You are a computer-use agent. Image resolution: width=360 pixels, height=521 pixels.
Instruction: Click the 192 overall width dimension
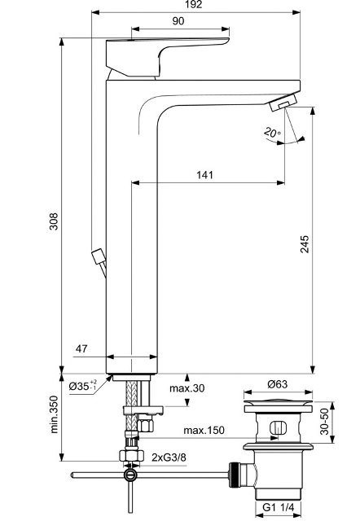tap(194, 4)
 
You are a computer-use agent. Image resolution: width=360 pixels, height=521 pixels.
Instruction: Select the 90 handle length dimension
tap(178, 21)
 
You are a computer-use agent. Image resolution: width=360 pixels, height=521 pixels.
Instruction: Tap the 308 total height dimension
tap(54, 221)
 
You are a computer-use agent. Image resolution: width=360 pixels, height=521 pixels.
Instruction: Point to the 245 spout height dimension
tap(305, 244)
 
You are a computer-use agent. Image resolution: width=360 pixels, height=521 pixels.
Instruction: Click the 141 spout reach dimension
tap(204, 175)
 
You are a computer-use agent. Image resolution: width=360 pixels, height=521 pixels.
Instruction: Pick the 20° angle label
tap(273, 133)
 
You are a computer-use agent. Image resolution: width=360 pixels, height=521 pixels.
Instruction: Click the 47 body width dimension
tap(81, 348)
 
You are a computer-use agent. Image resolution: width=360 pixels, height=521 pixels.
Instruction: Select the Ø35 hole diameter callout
tap(83, 385)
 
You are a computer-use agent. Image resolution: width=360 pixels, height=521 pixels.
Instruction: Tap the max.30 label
tap(187, 388)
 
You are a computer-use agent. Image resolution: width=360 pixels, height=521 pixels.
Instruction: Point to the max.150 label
tap(204, 431)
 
